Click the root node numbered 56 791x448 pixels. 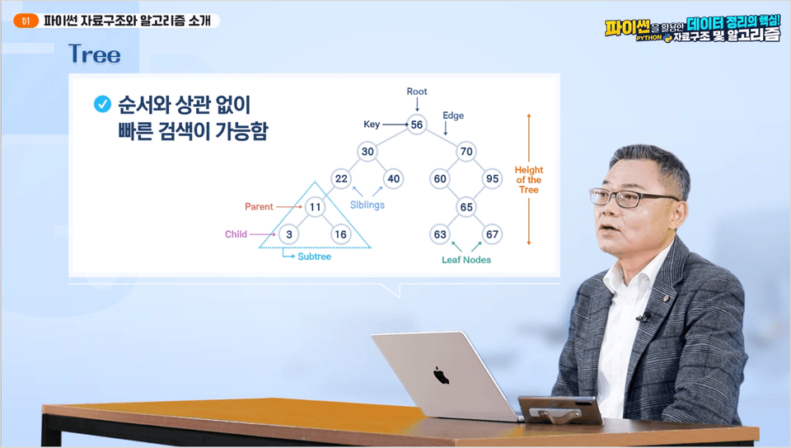point(417,125)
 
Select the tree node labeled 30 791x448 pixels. point(367,152)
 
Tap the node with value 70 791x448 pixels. point(466,152)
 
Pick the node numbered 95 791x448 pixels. point(493,179)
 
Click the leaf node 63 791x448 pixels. point(440,234)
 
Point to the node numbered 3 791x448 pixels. point(289,234)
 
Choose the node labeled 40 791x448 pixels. point(394,179)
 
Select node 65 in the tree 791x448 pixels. point(466,207)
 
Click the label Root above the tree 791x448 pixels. point(417,92)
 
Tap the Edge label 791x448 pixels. point(453,116)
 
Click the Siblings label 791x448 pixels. point(367,205)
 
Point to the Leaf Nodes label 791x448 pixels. point(466,260)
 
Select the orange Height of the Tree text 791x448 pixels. point(529,180)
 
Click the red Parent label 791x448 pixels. point(259,206)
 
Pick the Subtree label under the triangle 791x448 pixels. point(314,257)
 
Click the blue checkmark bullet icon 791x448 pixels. point(102,105)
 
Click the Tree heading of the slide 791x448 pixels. point(95,54)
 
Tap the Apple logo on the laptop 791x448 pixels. point(441,375)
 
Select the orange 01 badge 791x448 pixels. point(26,21)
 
